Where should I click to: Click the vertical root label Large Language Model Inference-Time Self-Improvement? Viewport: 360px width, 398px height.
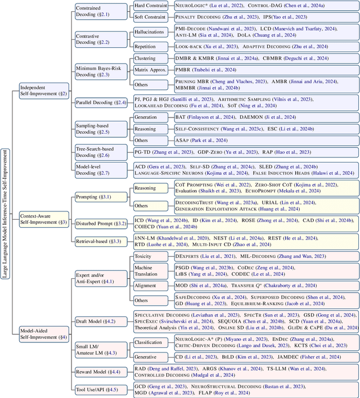[x=6, y=200]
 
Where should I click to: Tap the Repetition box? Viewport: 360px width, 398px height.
[x=148, y=50]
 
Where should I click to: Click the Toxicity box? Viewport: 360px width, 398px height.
[x=148, y=255]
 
